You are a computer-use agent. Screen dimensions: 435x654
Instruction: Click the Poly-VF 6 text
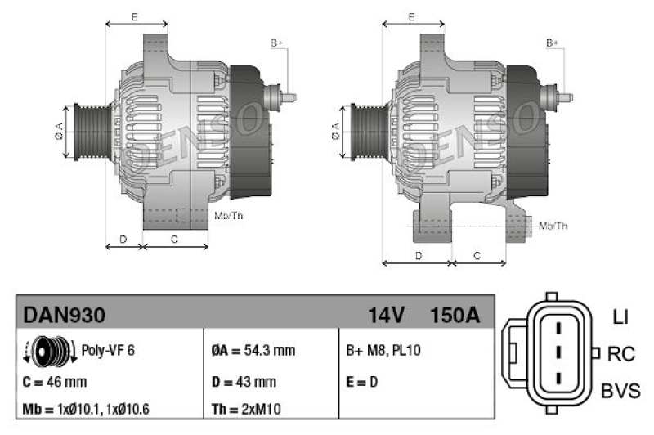click(x=108, y=350)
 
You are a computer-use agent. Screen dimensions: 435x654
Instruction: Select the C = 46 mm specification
click(x=56, y=381)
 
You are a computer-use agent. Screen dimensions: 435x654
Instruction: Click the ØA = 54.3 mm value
click(x=253, y=350)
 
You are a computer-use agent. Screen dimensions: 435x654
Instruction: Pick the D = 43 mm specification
click(x=244, y=381)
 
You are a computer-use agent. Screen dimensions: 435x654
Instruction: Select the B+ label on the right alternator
click(x=552, y=43)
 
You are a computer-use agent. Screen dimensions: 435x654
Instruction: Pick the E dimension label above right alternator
click(x=412, y=16)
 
